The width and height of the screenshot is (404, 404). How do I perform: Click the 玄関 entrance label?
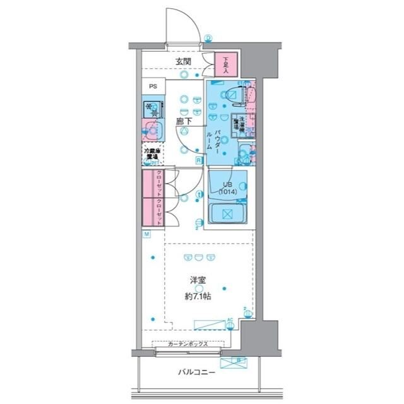coord(183,61)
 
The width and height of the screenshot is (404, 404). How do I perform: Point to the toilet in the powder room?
coord(233,95)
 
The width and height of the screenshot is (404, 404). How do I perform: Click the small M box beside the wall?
coord(146,235)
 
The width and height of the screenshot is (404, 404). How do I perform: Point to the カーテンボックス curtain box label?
coord(189,345)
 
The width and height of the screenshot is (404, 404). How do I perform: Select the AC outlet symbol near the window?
coord(230,320)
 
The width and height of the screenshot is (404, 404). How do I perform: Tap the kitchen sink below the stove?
coord(153,131)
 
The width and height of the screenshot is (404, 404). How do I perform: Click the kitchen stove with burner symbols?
coord(152,109)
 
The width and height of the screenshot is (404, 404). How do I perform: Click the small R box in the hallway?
coord(198,161)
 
